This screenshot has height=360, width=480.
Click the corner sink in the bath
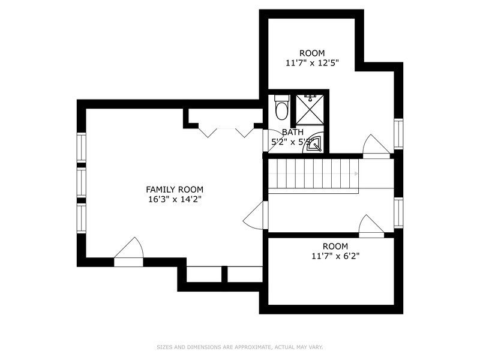point(316,144)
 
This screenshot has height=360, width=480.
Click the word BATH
point(293,133)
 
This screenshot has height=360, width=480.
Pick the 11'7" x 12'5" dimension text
point(312,62)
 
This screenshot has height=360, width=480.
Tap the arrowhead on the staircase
point(356,174)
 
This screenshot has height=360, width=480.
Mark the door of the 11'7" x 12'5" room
point(376,146)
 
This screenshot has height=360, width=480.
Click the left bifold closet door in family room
point(208,132)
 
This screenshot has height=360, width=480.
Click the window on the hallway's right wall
point(398,213)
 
